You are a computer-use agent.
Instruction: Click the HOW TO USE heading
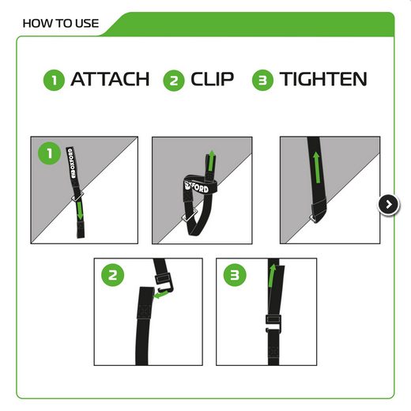pos(61,24)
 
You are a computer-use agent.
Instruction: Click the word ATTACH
pos(110,79)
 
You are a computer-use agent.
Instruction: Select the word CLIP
pos(212,79)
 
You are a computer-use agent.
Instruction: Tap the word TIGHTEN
pos(323,79)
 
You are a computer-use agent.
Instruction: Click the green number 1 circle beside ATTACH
pos(54,80)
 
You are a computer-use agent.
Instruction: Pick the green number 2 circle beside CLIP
pos(174,81)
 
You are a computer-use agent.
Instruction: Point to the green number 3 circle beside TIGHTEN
pos(262,80)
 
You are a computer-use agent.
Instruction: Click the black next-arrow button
pos(389,205)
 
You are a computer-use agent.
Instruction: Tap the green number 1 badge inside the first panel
pos(50,153)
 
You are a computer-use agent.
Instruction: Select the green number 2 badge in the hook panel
pos(113,275)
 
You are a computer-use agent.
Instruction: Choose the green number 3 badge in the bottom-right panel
pos(235,275)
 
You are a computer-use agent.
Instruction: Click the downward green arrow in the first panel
pos(80,210)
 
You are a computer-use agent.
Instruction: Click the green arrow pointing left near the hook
pos(160,294)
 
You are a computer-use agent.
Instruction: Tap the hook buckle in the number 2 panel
pos(164,282)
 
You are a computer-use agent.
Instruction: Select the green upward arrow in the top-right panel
pos(316,168)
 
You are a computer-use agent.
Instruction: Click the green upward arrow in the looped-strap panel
pos(211,160)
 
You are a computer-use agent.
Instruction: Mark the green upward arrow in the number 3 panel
pos(272,276)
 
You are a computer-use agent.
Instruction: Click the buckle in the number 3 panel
pos(273,323)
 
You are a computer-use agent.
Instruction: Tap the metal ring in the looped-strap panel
pos(188,216)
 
